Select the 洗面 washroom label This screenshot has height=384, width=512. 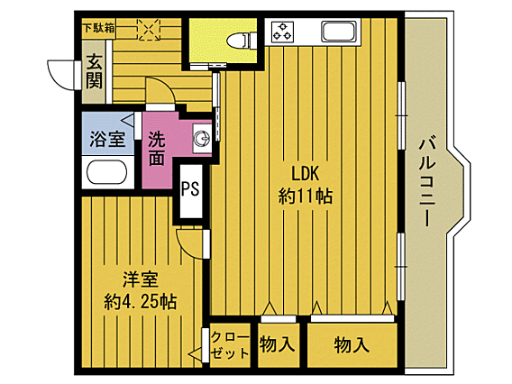click(x=157, y=149)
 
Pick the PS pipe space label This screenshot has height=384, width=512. click(x=189, y=189)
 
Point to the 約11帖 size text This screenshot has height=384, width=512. click(x=306, y=196)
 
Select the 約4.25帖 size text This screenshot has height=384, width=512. click(x=140, y=301)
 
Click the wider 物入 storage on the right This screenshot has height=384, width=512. click(x=352, y=343)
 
